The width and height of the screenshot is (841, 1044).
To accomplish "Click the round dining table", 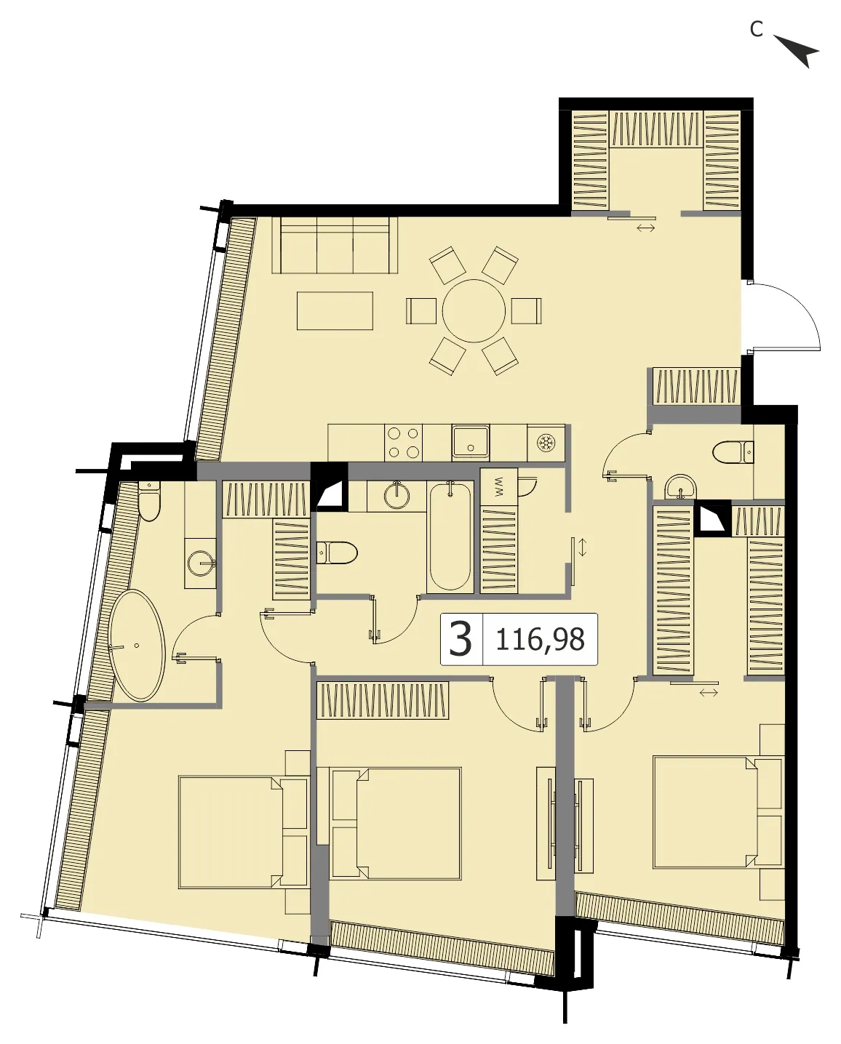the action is (474, 310).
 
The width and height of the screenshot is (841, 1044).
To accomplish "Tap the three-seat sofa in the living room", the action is (335, 245).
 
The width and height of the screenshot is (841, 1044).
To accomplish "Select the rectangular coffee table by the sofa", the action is (335, 310).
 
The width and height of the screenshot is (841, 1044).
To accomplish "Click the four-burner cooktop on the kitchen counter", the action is (404, 443).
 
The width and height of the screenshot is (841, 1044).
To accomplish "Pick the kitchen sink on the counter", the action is (470, 443).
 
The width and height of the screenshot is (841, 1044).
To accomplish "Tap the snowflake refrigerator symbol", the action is (546, 443).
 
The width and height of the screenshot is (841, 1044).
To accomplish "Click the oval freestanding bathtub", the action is (137, 645).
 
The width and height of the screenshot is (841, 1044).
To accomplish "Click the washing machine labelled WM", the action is (498, 486).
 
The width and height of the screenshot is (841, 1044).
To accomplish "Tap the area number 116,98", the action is (540, 639).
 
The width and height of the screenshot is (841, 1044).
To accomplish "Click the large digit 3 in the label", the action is (461, 639).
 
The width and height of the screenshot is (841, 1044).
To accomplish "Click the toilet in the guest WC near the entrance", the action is (733, 452).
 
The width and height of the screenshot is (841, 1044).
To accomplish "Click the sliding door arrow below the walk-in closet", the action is (646, 228).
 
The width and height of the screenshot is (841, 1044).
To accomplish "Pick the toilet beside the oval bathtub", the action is (148, 500).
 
